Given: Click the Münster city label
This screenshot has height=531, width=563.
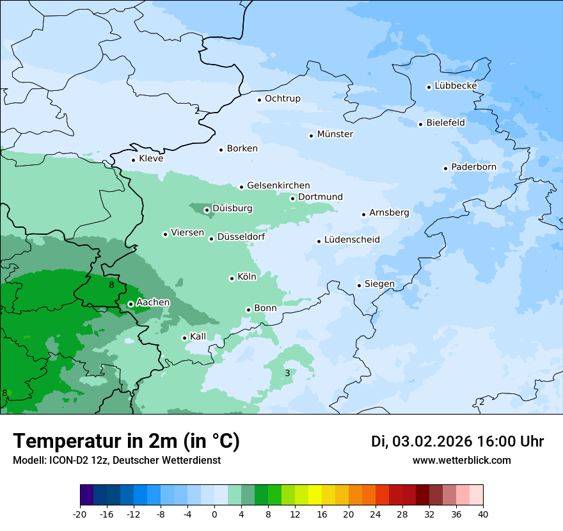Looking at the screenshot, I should coord(335,134).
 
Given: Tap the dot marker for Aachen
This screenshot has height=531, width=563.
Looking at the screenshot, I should coord(131,304).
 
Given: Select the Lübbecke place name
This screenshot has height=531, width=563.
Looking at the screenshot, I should coord(456,86).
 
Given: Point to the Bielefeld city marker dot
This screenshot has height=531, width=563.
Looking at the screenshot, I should coord(421,124).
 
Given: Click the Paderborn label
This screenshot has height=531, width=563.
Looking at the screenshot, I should coord(473,167).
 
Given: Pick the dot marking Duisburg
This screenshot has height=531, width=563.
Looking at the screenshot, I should coord(207,210).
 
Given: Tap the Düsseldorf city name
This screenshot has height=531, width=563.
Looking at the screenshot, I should coord(241,237).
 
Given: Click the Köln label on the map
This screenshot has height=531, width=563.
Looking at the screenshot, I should coord(246,277).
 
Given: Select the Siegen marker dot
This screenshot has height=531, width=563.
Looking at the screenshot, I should coord(360,285).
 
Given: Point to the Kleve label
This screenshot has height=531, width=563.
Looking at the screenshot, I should coord(151,159).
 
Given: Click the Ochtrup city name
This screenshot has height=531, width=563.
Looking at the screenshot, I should coord(282,99).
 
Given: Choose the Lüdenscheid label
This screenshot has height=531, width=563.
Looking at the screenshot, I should coord(352,240).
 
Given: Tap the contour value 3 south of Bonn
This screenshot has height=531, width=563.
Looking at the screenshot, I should coord(287,373).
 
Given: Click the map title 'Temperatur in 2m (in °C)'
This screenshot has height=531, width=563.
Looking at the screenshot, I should coord(126,441).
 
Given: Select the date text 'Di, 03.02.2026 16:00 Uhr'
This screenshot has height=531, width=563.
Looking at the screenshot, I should coord(457,441).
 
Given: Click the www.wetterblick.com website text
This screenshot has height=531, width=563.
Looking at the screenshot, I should coord(461,460).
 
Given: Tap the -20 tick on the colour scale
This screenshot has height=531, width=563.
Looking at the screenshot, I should coord(80,514).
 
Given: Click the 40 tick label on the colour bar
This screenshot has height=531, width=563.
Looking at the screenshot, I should coord(483,514).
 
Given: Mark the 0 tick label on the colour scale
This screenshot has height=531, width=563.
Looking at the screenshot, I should coord(214,514).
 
